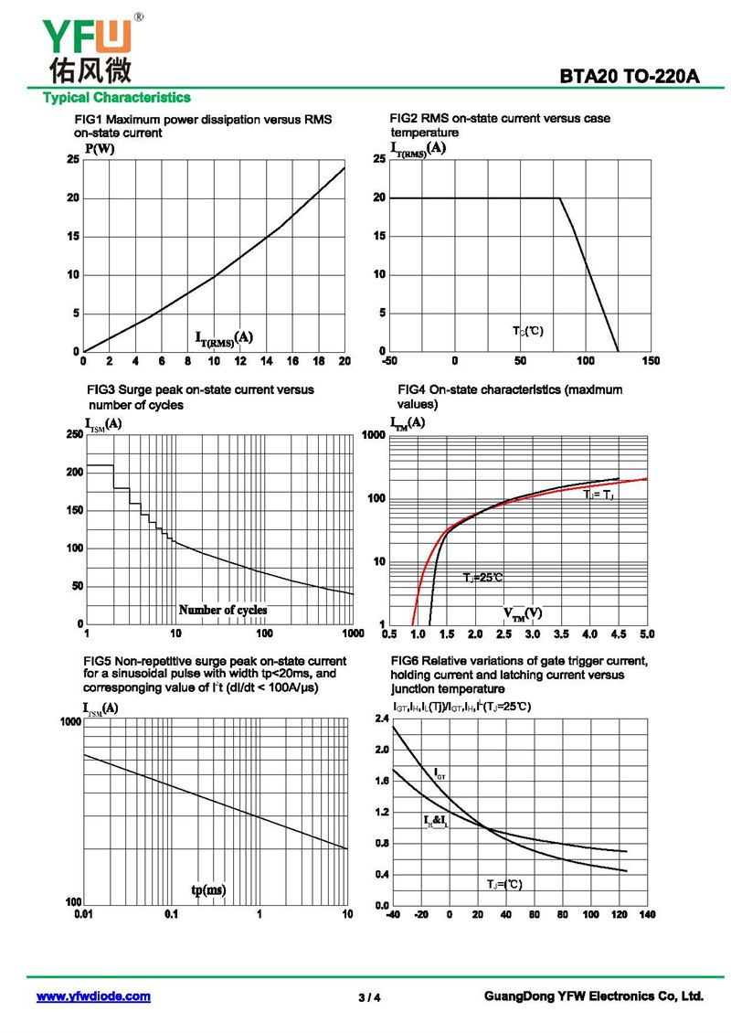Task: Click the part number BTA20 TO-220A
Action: point(630,78)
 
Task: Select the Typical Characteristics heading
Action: point(117,97)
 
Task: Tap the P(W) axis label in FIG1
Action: point(100,149)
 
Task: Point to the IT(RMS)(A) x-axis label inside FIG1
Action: point(224,338)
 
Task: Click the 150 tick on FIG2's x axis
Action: point(651,361)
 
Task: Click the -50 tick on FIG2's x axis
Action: point(389,361)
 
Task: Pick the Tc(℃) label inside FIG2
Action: point(527,330)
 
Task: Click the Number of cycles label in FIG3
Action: point(223,610)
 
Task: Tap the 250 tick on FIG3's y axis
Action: point(73,434)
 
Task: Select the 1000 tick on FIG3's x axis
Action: point(352,634)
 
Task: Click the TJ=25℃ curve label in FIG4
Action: point(482,578)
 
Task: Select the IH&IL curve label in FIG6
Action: point(436,821)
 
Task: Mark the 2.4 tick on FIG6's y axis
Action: point(382,719)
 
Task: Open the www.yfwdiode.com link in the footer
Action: point(93,996)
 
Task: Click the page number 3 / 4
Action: point(369,997)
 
